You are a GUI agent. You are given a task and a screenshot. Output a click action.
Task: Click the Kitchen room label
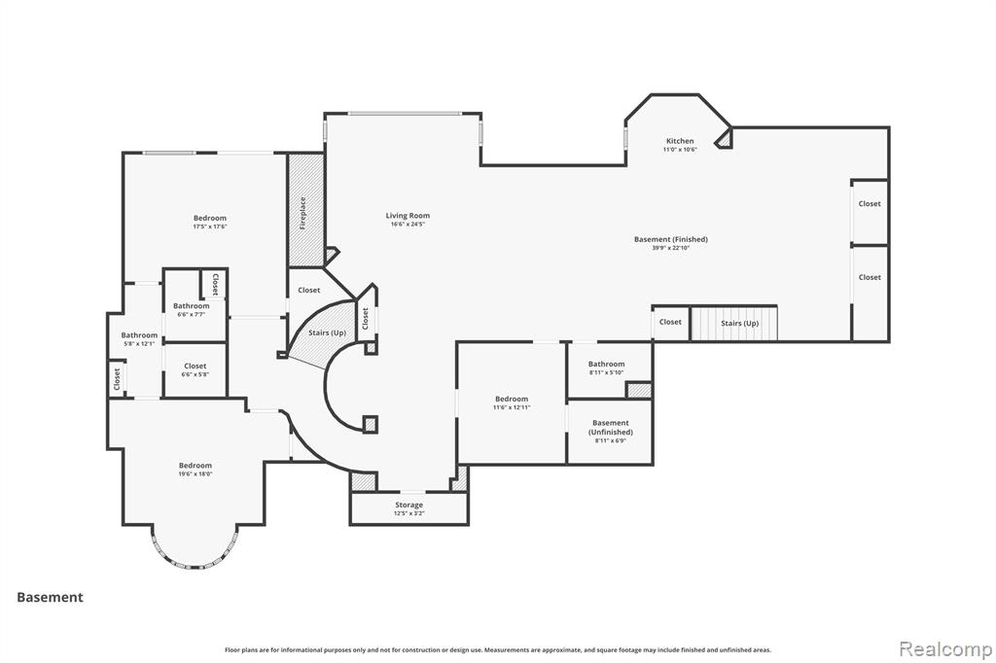pos(679,142)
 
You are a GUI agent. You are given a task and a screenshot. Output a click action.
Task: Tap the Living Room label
pos(408,216)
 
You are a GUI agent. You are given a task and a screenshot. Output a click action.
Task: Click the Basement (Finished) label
pos(670,239)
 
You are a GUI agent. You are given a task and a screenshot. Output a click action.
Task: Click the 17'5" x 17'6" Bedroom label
pos(209,219)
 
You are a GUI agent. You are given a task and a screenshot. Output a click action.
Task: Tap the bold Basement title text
pos(50,597)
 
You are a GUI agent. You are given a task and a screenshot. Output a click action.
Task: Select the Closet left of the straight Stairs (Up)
pos(670,323)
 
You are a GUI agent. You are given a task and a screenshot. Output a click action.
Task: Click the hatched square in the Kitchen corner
pos(724,140)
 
